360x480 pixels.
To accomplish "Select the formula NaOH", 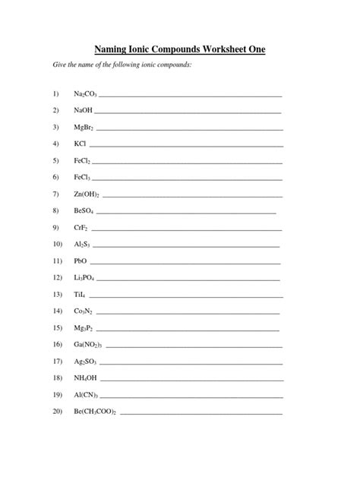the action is (84, 110).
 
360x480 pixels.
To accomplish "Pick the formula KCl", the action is (80, 144).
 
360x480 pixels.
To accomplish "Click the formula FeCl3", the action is (82, 178).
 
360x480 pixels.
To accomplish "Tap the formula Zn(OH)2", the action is (87, 194).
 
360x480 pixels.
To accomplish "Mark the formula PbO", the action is (81, 261).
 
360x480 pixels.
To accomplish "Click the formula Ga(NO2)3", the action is (88, 344).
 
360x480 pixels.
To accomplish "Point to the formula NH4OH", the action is (85, 377).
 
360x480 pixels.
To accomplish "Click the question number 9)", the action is (55, 227).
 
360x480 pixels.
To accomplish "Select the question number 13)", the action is (56, 294).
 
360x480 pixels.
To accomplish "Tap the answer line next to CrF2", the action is (186, 229).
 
